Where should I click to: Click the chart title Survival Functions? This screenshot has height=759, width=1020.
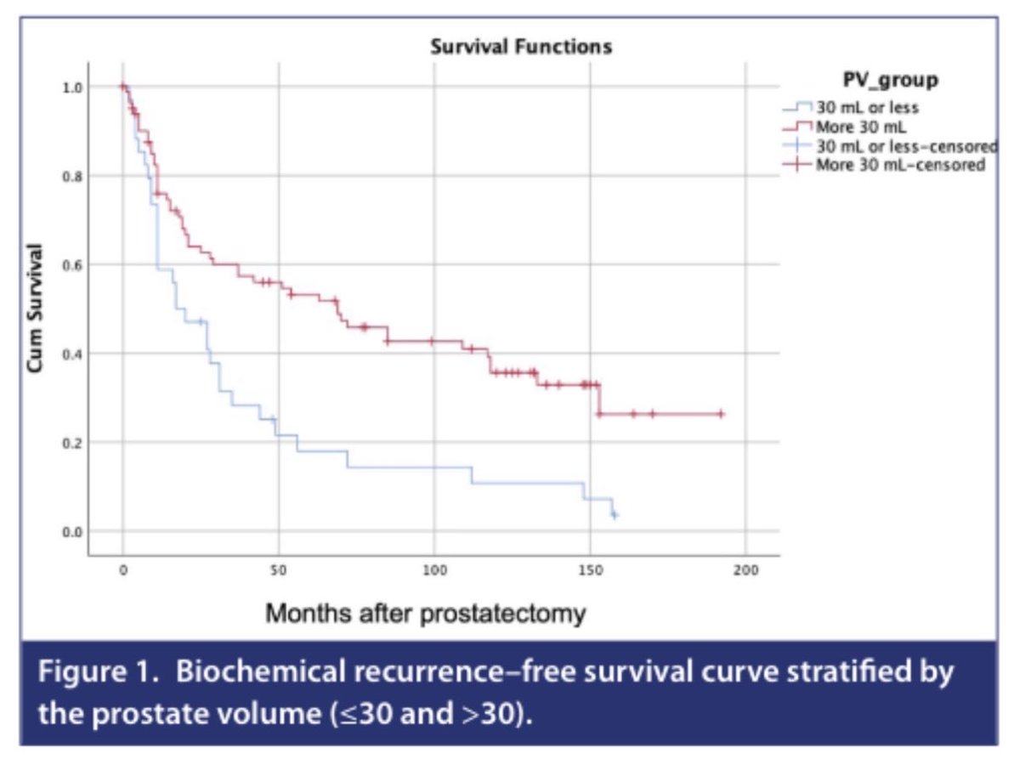(x=520, y=48)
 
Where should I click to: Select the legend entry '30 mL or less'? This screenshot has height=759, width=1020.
(x=867, y=108)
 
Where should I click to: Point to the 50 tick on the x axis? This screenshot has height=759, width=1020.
(x=278, y=569)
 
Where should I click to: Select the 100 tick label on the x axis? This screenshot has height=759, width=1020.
(x=433, y=569)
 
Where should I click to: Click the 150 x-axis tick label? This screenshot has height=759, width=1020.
(x=589, y=569)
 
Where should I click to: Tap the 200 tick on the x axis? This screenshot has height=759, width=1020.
(x=745, y=569)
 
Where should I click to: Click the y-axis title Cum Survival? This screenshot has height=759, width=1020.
(x=35, y=309)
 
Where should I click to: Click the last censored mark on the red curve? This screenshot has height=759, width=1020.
(x=721, y=414)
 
